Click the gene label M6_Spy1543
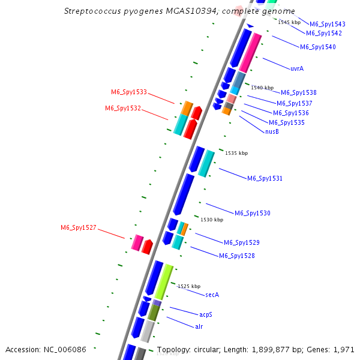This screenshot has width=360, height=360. (327, 24)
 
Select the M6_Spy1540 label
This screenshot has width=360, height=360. (317, 47)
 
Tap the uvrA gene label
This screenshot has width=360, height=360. (296, 68)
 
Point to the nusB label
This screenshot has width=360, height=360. (272, 131)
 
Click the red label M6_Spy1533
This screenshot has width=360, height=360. (128, 92)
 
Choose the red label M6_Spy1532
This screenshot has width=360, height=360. (123, 108)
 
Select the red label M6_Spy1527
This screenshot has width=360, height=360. (78, 227)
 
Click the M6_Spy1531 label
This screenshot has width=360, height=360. (265, 178)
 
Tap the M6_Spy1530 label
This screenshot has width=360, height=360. (252, 213)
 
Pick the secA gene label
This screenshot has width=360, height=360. (212, 295)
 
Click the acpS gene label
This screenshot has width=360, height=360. (206, 314)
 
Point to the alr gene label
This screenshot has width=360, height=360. (199, 326)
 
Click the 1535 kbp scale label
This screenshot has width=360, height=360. (236, 153)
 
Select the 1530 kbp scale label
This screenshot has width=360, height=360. (212, 220)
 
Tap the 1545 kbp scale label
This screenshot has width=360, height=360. (289, 22)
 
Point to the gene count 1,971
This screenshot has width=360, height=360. (344, 349)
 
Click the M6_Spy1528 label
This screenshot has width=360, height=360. (236, 256)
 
